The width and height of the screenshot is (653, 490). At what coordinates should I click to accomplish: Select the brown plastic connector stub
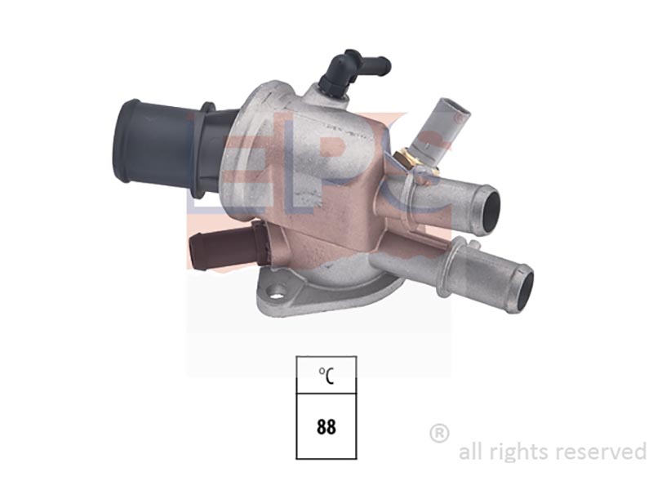coord(227,246)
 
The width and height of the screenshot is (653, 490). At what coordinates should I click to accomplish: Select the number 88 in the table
coord(326,427)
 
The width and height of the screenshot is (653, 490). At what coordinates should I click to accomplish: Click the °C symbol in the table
coord(326,376)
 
